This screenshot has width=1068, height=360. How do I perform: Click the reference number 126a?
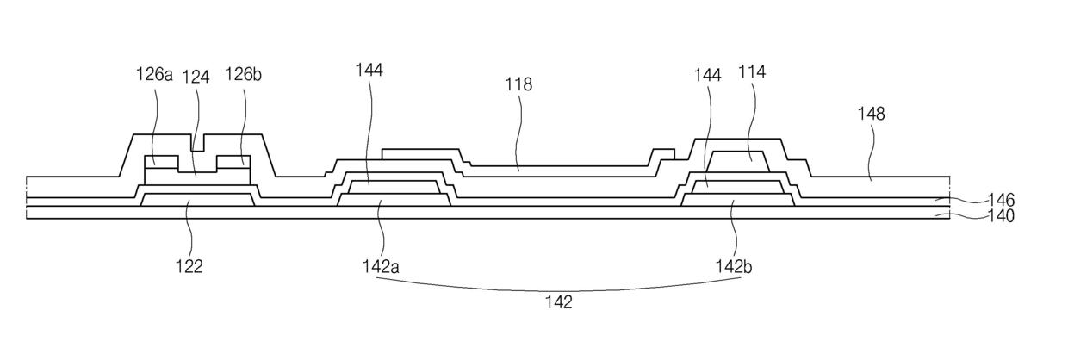[x=155, y=75]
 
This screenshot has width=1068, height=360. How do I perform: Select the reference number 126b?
[x=243, y=75]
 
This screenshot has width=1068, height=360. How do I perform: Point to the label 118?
[x=518, y=84]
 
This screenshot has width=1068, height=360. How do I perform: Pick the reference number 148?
[x=871, y=113]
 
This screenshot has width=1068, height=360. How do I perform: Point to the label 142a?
[x=380, y=266]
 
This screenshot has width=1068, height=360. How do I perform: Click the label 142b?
[x=733, y=266]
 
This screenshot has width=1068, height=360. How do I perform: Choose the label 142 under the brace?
[x=557, y=302]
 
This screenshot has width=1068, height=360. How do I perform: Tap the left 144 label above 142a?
[x=369, y=70]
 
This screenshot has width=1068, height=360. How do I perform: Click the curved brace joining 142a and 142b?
[x=557, y=288]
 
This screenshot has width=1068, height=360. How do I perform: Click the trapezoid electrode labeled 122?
[x=197, y=200]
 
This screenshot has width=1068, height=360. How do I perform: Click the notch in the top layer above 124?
[x=198, y=143]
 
